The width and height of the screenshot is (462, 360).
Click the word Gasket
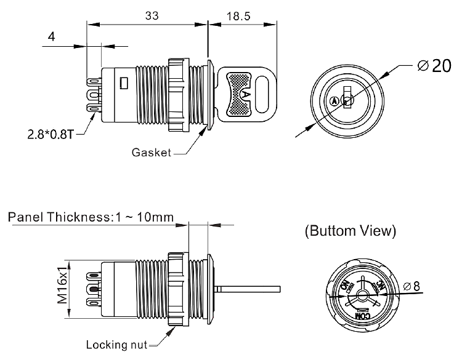click(x=151, y=153)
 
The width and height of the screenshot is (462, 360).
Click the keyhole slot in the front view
click(x=347, y=99)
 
